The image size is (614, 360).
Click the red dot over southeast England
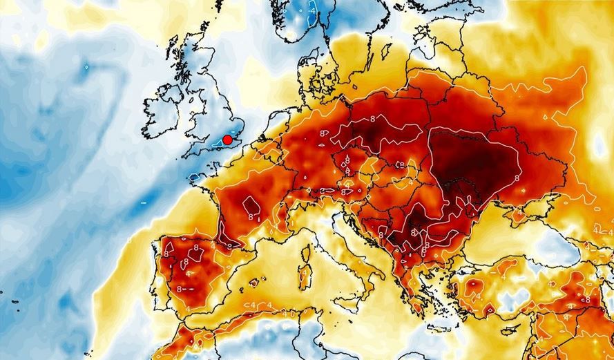[227, 139]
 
